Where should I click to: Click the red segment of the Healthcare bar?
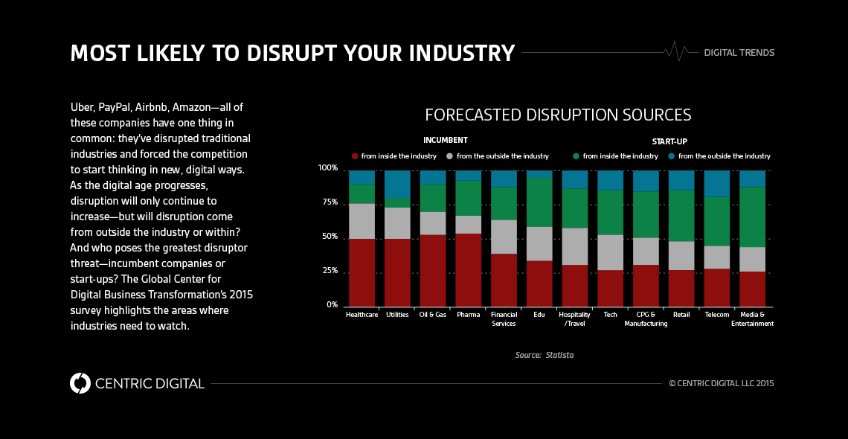(362, 272)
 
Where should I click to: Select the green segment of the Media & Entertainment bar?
(752, 217)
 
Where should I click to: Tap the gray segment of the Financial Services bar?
(504, 237)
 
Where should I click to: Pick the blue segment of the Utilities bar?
(397, 184)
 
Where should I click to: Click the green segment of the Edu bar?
(539, 202)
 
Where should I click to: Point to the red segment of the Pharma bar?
(468, 269)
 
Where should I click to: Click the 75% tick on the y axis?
(328, 202)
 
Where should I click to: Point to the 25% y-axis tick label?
(328, 271)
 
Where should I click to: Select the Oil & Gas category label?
(433, 315)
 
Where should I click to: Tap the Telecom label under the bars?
(716, 315)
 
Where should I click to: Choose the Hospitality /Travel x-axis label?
(574, 319)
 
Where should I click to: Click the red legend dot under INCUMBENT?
(355, 156)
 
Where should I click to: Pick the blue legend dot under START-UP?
(671, 156)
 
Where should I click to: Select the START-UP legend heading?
(669, 141)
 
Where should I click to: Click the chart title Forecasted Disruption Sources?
(558, 115)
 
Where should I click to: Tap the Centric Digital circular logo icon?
(80, 383)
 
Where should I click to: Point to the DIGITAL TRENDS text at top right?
(739, 53)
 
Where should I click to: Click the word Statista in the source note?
(559, 355)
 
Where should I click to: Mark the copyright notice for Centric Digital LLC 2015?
(722, 383)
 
